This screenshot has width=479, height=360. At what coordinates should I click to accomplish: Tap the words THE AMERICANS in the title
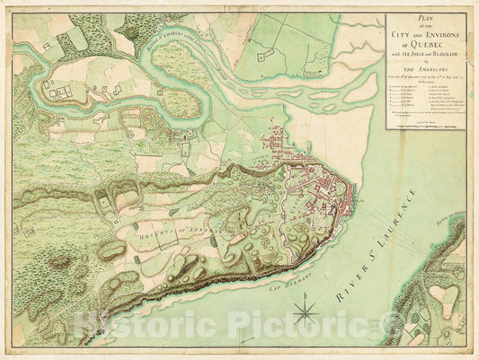(426, 73)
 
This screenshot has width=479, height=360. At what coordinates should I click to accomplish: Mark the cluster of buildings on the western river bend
(59, 91)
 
